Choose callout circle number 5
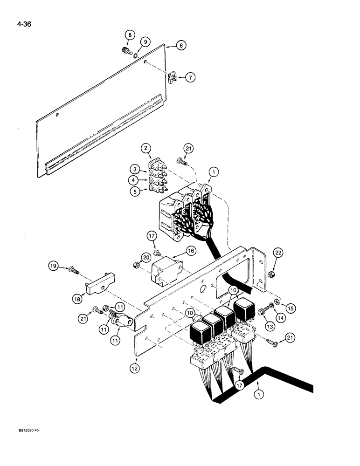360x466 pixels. (135, 190)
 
